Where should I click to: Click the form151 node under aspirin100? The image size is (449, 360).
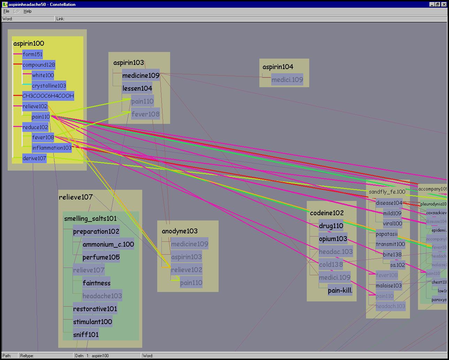pyautogui.click(x=32, y=54)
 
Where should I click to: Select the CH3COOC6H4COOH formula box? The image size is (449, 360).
pyautogui.click(x=48, y=96)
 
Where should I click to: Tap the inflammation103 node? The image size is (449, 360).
pyautogui.click(x=52, y=148)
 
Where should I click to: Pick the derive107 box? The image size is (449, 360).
pyautogui.click(x=34, y=158)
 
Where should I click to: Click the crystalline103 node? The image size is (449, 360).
pyautogui.click(x=49, y=86)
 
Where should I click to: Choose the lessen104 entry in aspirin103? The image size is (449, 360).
pyautogui.click(x=137, y=89)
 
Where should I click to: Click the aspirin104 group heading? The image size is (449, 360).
pyautogui.click(x=277, y=67)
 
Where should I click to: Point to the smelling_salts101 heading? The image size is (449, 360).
pyautogui.click(x=90, y=219)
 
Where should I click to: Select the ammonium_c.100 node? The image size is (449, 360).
pyautogui.click(x=108, y=244)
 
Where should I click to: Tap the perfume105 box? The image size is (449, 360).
pyautogui.click(x=101, y=257)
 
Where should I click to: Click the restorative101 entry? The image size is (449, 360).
pyautogui.click(x=95, y=309)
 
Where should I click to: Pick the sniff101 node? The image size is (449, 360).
pyautogui.click(x=86, y=335)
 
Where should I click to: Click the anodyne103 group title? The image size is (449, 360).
pyautogui.click(x=180, y=231)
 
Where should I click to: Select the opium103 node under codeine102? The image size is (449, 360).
pyautogui.click(x=333, y=239)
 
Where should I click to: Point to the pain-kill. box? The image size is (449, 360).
pyautogui.click(x=340, y=290)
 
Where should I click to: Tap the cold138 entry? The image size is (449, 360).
pyautogui.click(x=331, y=265)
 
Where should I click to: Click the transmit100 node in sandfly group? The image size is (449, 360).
pyautogui.click(x=390, y=244)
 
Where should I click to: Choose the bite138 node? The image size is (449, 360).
pyautogui.click(x=392, y=255)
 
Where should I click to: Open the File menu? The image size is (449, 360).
pyautogui.click(x=6, y=11)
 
